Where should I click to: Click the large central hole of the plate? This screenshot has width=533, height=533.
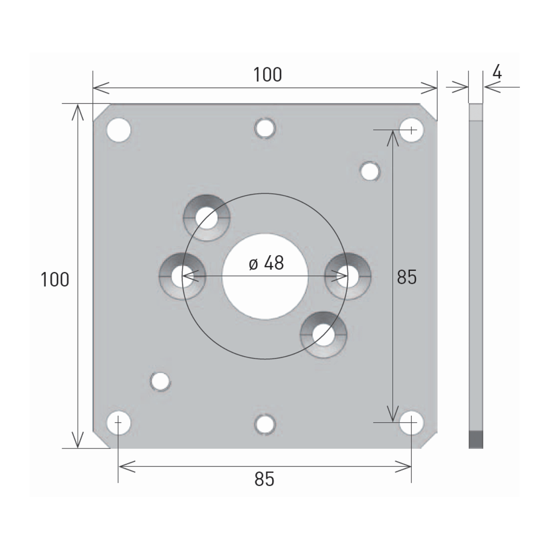tap(265, 276)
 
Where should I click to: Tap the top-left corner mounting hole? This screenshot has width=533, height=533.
tap(119, 130)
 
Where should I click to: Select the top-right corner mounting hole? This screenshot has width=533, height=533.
tap(411, 130)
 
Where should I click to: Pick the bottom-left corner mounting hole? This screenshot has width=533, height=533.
tap(119, 423)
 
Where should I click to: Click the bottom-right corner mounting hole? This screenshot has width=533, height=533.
tap(411, 423)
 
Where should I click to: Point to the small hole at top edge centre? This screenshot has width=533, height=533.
tap(265, 128)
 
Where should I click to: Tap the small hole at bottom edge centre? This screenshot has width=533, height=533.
tap(265, 424)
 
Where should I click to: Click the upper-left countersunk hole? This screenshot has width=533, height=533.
tap(207, 218)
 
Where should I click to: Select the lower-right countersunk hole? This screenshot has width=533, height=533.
tap(324, 335)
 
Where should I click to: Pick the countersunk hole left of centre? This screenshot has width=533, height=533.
tap(183, 276)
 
